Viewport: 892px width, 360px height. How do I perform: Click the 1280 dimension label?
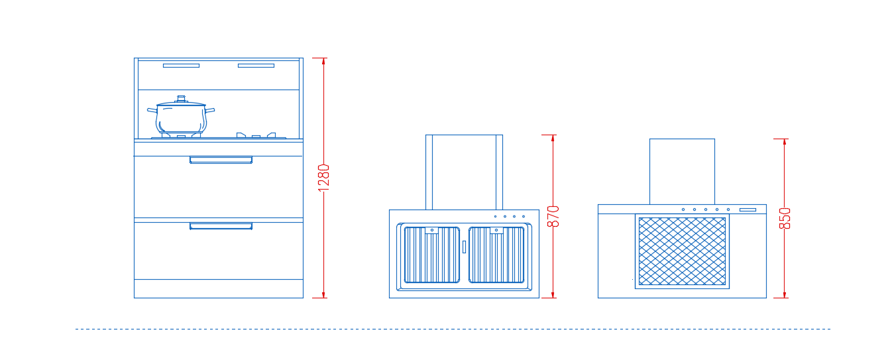324,178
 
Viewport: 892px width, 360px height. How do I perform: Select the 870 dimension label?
553,217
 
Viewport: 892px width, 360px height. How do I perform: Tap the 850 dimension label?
785,218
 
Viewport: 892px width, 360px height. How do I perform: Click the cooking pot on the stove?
181,116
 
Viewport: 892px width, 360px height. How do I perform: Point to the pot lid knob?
181,98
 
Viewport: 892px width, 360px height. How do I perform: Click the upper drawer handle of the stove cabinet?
221,160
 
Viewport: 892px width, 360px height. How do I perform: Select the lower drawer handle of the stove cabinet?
221,226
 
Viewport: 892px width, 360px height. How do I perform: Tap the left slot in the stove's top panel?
181,66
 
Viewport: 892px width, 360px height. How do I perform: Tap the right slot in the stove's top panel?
256,66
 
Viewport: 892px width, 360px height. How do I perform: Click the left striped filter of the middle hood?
432,255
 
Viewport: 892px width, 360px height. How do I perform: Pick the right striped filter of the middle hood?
496,255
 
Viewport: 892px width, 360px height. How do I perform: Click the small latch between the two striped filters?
465,247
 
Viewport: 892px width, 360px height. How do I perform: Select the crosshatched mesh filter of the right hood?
682,251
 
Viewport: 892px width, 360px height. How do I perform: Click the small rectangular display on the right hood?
748,210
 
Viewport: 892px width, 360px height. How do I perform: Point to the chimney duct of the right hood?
682,172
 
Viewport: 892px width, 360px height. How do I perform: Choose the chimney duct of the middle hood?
465,172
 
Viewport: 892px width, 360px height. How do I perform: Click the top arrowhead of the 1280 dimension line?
324,61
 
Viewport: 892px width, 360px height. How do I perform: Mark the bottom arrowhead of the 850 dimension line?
785,294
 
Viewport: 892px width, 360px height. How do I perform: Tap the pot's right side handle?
210,110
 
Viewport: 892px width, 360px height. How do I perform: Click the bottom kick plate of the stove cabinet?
219,288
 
